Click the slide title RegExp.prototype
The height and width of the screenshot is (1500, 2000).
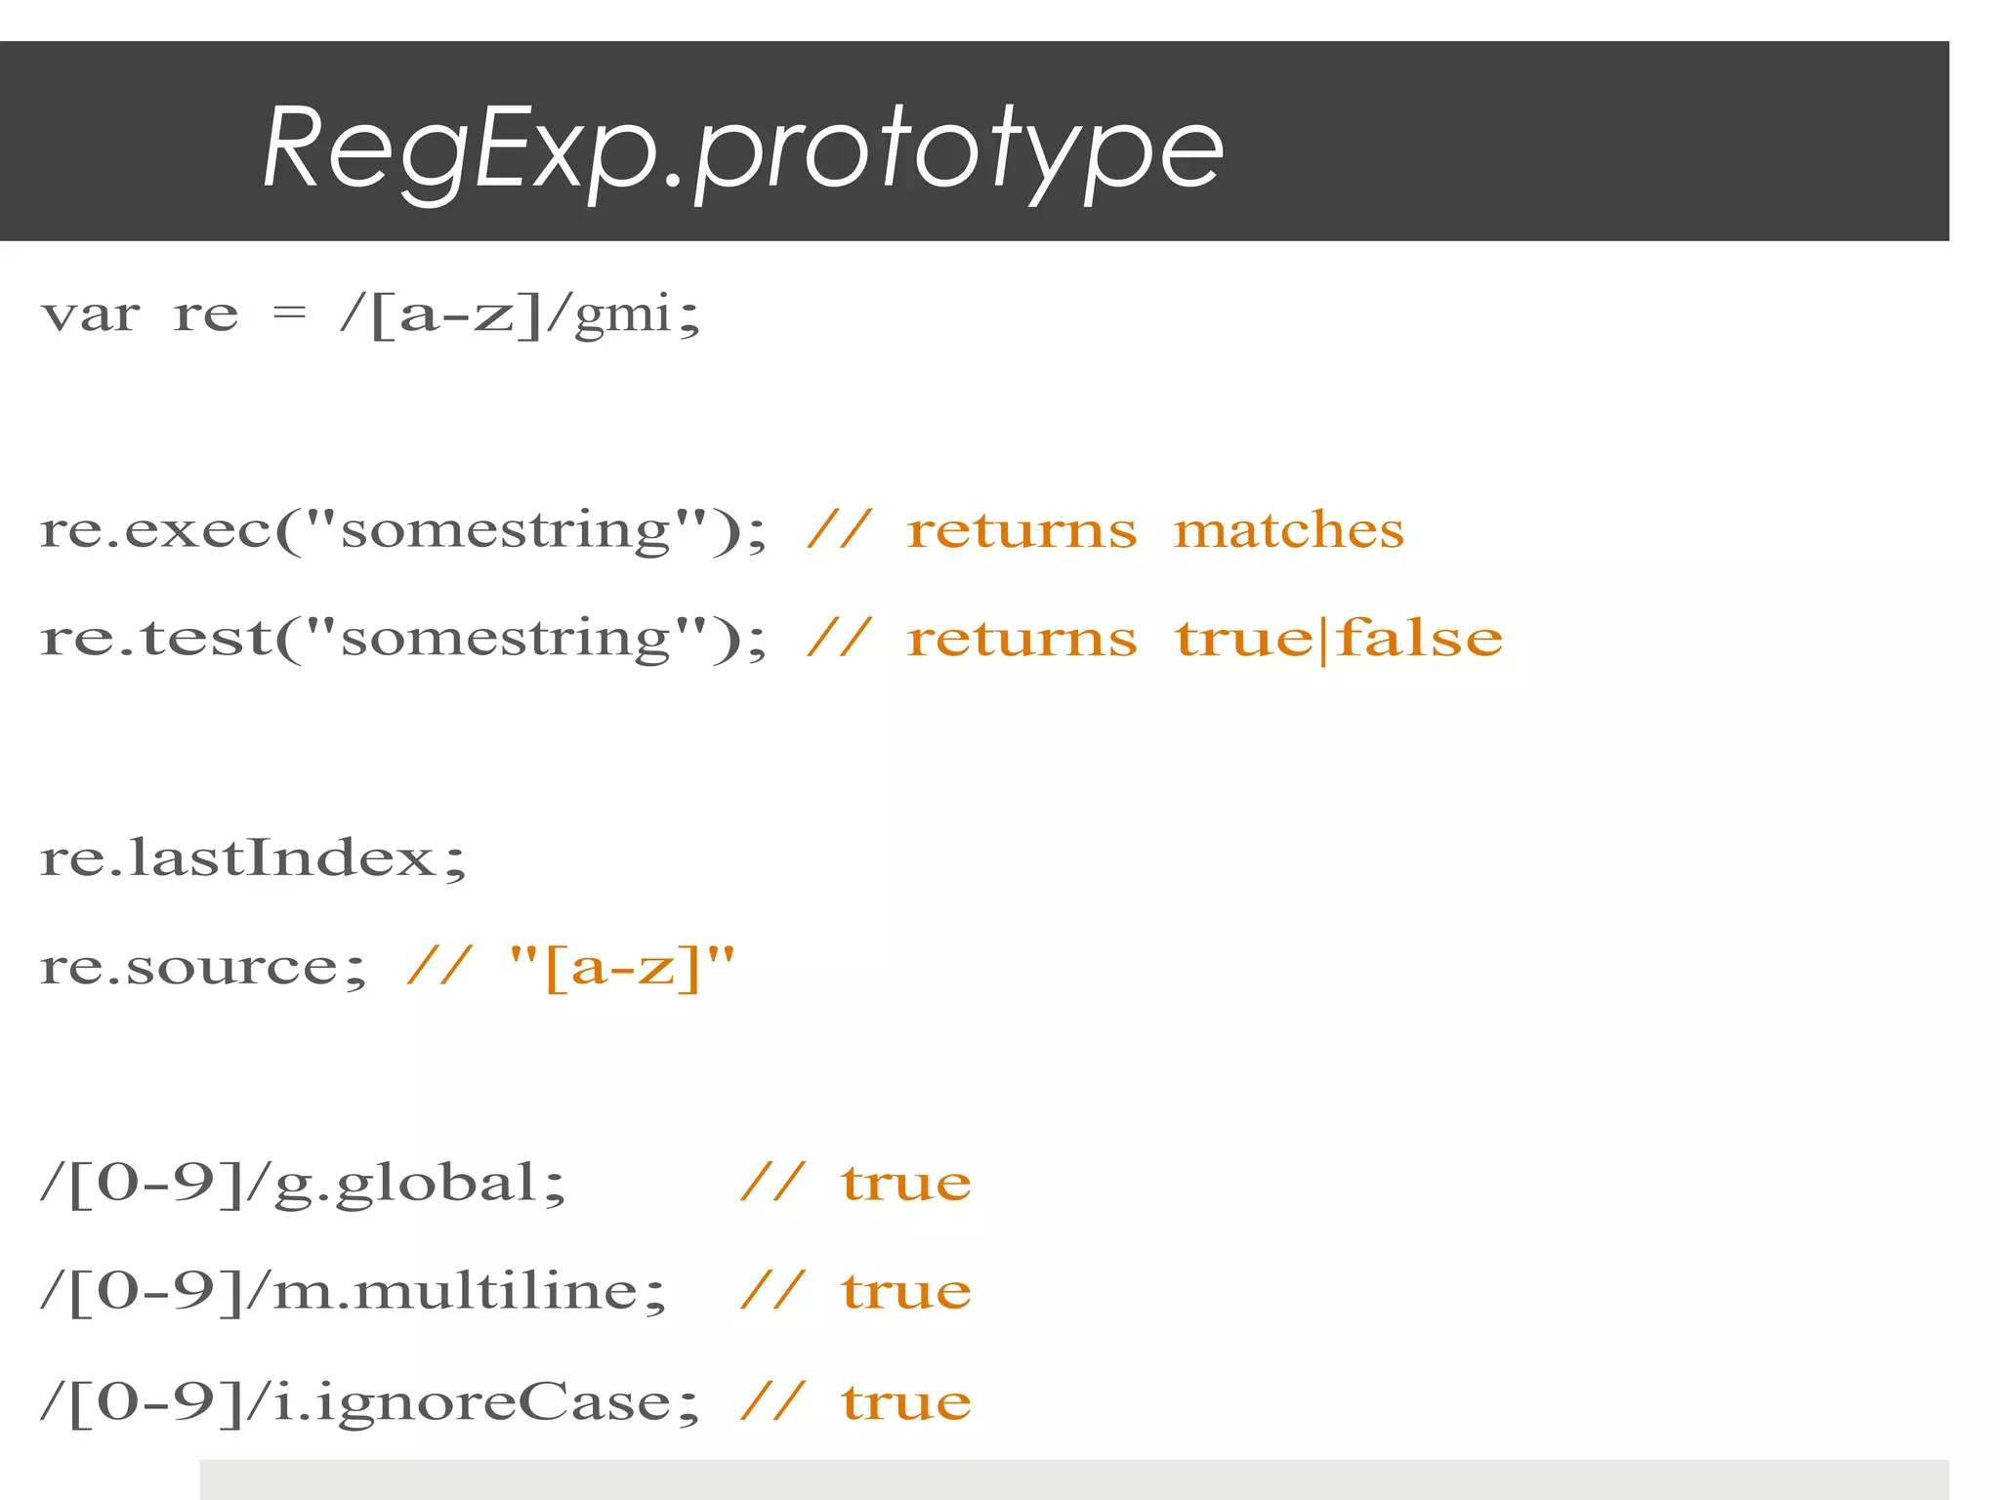pos(742,148)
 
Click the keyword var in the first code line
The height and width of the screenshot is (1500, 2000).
pos(91,315)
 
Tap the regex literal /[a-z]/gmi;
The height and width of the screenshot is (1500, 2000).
pos(520,315)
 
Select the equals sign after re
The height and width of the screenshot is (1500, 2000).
pos(289,313)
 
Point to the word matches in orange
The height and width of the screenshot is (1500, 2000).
pos(1288,531)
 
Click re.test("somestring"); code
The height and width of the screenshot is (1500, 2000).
pos(403,640)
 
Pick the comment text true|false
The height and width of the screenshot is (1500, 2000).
pos(1338,640)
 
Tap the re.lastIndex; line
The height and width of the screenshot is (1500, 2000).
pos(254,858)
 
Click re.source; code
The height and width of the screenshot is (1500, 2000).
pos(203,968)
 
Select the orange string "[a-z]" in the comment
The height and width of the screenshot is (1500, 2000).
pos(622,968)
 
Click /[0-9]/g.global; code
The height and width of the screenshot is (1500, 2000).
pos(303,1184)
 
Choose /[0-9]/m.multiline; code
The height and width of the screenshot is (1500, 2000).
pos(353,1292)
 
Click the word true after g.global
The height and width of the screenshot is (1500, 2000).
pos(906,1184)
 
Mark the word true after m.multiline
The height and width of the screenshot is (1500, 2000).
pos(906,1292)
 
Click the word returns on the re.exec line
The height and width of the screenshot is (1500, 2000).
pos(1021,531)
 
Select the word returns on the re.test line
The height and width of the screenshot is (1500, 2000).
pos(1021,640)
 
